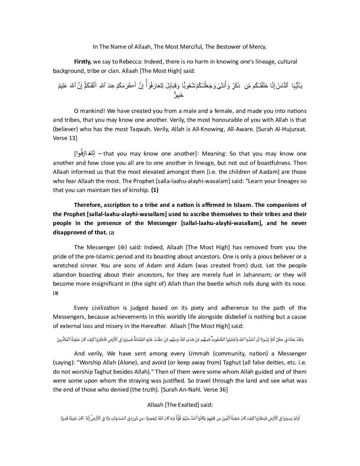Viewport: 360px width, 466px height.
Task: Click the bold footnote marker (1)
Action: click(155, 190)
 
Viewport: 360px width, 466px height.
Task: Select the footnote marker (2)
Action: click(112, 233)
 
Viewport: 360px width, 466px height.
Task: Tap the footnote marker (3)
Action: click(56, 293)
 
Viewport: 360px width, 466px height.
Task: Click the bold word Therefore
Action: click(88, 205)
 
